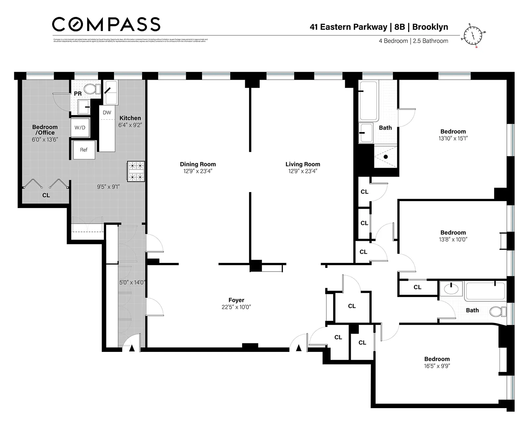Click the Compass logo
(106, 24)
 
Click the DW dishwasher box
(107, 113)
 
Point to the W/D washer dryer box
(80, 127)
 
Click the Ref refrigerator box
(84, 150)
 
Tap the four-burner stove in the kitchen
(136, 171)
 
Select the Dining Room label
(198, 164)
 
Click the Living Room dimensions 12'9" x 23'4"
(302, 171)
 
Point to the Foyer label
(236, 300)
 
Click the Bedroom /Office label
(45, 130)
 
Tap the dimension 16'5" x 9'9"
(437, 366)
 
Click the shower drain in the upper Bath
(386, 157)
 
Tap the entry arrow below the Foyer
(299, 348)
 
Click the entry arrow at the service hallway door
(132, 348)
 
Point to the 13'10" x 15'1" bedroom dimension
(453, 139)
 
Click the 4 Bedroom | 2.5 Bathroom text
(413, 41)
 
